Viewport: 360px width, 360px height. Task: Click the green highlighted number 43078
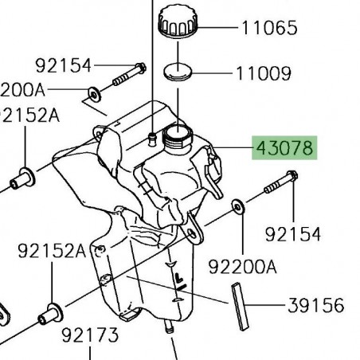[284, 148]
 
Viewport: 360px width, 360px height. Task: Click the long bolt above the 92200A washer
[280, 184]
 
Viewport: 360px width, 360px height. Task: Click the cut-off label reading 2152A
[29, 115]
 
